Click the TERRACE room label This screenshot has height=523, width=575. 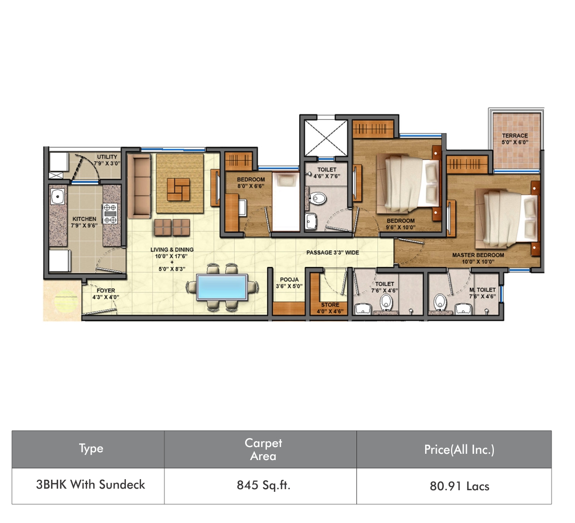(x=515, y=136)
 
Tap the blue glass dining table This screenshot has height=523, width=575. (x=222, y=287)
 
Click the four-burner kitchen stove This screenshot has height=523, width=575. (x=110, y=213)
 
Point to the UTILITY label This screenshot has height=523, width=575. (x=107, y=157)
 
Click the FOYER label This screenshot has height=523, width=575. (x=106, y=290)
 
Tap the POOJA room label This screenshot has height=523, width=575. (x=289, y=279)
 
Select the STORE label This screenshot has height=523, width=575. (x=330, y=305)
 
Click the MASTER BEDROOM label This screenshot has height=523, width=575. (x=478, y=255)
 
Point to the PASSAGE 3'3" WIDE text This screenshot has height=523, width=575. (x=333, y=253)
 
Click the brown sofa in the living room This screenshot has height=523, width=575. (x=139, y=186)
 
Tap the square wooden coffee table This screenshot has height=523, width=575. (x=178, y=189)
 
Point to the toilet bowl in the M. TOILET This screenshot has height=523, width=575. (x=440, y=302)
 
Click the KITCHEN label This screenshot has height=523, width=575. (x=84, y=219)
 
